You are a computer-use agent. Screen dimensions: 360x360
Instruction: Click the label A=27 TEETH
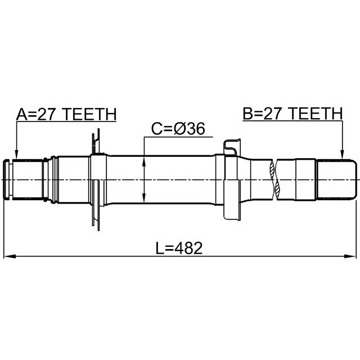[66, 114]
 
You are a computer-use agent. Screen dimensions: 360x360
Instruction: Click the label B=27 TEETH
[292, 114]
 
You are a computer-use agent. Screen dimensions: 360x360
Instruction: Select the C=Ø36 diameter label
[178, 129]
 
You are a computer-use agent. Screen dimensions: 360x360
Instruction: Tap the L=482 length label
[179, 248]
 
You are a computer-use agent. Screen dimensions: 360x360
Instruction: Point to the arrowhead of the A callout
[16, 155]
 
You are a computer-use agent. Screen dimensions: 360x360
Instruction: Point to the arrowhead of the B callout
[342, 155]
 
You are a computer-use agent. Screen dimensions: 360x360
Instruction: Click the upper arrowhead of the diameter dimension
[144, 161]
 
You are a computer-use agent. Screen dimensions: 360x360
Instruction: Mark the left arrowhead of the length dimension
[10, 256]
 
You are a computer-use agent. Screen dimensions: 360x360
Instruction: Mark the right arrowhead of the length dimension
[350, 256]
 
